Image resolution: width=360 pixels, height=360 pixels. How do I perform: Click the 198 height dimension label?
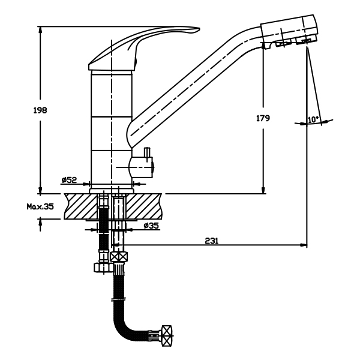(40, 110)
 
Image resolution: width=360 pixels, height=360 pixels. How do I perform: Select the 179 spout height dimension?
(263, 118)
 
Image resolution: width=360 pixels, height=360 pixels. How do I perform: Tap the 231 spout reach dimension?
(212, 241)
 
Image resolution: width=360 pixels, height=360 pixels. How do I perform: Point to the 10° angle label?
(314, 119)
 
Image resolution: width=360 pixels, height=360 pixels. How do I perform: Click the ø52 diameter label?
(70, 180)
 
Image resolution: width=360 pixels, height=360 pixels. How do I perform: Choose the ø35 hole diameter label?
(151, 226)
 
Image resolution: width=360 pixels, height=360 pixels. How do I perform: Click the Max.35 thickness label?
(40, 206)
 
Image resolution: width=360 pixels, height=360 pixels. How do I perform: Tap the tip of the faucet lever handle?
(199, 29)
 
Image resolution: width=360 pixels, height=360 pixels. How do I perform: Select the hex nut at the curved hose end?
(167, 335)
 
